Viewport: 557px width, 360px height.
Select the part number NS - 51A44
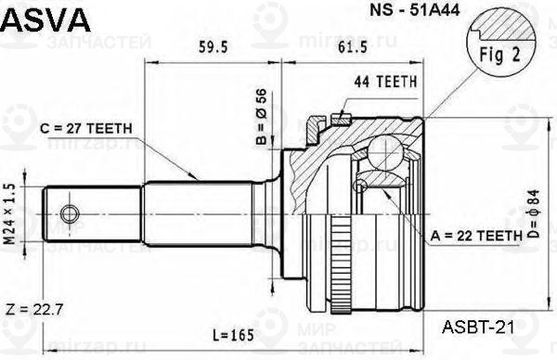point(382,13)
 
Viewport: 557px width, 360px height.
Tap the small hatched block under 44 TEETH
point(340,118)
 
